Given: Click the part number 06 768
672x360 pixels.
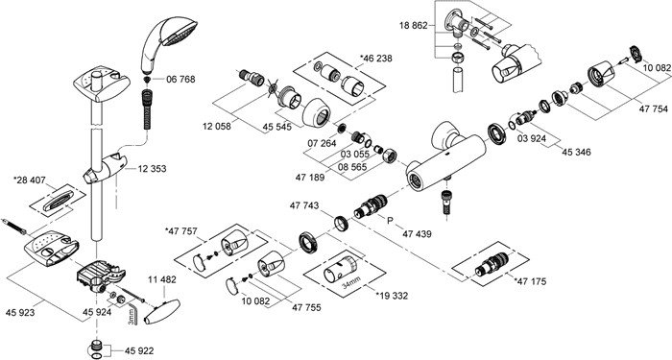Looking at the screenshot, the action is pos(180,80).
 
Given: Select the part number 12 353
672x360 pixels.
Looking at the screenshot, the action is pos(152,169).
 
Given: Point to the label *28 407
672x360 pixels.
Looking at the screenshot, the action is pos(30,180).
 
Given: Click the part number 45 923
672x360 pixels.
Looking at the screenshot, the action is pos(20,312).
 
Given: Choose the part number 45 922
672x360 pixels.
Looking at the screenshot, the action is pos(139,351).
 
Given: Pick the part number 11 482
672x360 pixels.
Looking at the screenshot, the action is pos(162,280).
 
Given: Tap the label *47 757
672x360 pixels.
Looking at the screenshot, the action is pos(181,231).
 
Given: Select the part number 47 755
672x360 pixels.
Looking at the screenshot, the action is pos(306,307).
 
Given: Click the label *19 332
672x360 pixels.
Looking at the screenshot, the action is pos(392,296).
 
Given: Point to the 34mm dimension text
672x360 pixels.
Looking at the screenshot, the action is pos(352,282).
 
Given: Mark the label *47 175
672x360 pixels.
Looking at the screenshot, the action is pos(530,281).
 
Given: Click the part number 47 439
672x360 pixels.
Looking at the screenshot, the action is pos(417,234).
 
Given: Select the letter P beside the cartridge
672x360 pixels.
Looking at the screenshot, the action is pos(390,221).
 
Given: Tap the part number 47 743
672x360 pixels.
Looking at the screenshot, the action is pos(304,205).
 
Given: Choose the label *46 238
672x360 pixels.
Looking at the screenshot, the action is pos(376,59).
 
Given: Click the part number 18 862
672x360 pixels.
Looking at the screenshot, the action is pos(414,25).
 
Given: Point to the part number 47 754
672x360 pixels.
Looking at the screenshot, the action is pos(654,109).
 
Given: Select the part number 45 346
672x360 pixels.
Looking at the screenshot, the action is pos(576,152).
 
